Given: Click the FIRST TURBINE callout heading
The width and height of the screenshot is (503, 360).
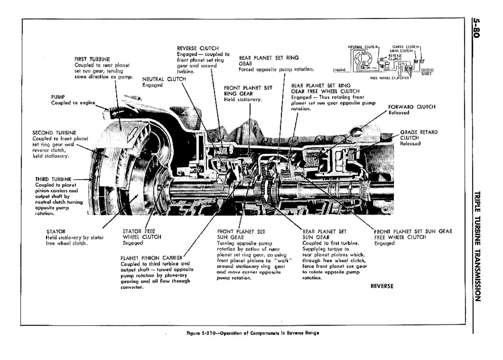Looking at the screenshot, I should pos(92,59).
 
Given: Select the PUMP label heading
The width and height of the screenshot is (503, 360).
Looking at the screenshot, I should pos(58,97).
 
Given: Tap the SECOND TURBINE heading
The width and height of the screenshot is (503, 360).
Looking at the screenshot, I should pos(54,133).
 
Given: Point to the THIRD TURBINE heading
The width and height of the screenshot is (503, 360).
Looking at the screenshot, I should pos(53,179).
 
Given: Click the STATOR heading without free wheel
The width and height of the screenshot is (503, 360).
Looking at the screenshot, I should pos(56,231).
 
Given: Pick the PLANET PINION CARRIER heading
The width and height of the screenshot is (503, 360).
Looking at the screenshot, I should pos(151,258).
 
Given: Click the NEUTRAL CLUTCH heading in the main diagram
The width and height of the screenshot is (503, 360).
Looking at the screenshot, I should pos(164,79).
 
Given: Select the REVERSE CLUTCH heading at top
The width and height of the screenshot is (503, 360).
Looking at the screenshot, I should pos(197,48).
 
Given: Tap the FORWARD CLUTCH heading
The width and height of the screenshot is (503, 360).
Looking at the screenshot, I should pos(411,107).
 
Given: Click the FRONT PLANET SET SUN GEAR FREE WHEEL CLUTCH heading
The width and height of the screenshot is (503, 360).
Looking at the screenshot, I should pos(413,234).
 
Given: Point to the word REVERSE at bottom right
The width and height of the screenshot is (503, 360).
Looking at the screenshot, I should pos(382,286).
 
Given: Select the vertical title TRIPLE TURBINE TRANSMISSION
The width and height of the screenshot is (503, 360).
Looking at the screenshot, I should pos(478,246).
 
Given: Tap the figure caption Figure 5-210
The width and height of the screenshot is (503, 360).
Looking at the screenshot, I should pos(252,333).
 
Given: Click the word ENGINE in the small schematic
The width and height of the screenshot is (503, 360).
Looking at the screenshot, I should pos(339,70).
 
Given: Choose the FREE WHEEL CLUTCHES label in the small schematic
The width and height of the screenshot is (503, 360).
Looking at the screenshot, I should pos(389,78).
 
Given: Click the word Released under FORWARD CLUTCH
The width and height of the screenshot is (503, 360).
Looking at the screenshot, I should pos(399,113).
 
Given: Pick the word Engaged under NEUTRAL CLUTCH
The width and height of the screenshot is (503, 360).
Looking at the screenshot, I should pos(152,85).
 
